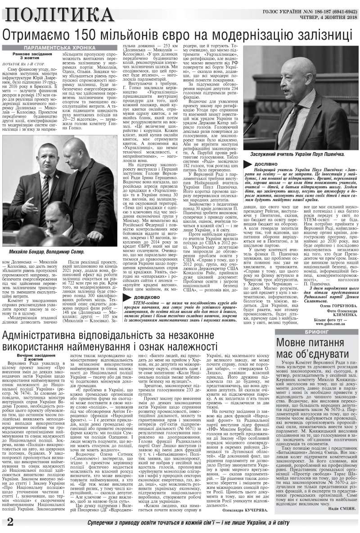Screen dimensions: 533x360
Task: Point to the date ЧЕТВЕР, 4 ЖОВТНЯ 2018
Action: click(321, 18)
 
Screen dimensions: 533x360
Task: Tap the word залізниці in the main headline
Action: click(315, 35)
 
